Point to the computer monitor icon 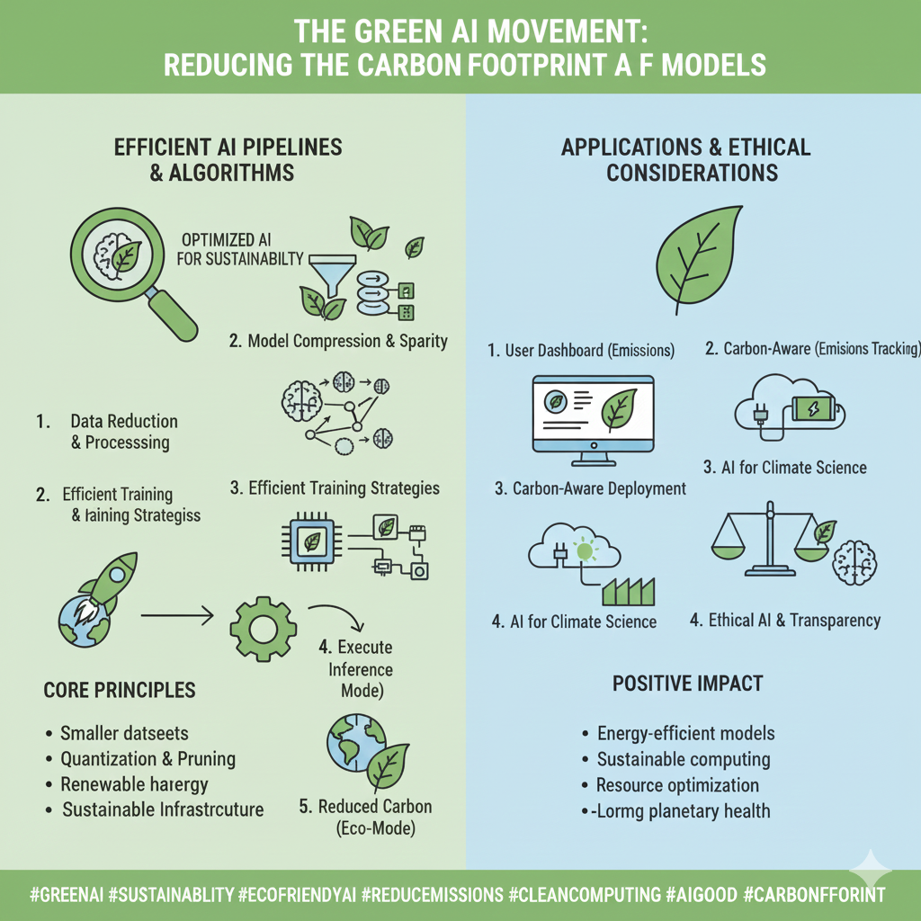595,419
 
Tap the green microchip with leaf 311,541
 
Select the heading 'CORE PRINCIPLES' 120,691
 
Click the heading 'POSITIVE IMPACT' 687,683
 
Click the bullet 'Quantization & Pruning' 148,758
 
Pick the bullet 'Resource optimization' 677,785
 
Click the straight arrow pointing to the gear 176,616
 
